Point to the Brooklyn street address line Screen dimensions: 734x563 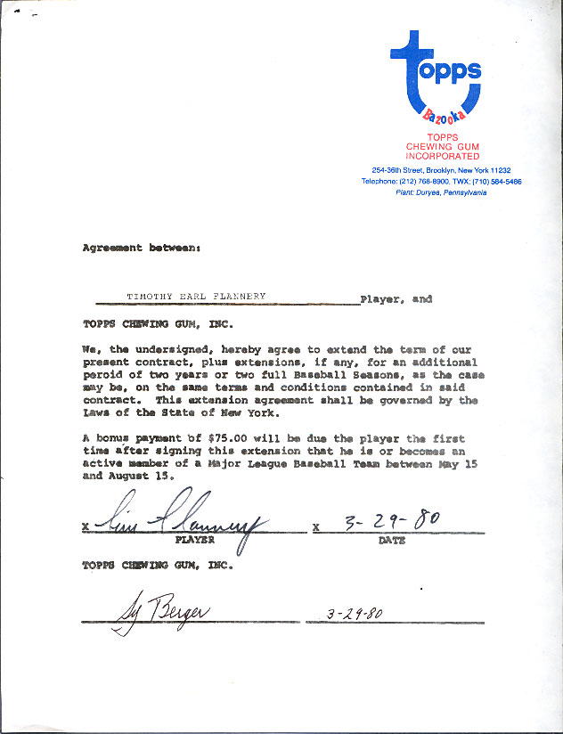441,170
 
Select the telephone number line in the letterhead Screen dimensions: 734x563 441,181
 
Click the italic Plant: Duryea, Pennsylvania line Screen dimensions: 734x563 441,192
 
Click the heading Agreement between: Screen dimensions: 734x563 141,249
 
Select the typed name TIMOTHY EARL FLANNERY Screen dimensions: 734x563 196,298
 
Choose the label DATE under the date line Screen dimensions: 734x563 391,540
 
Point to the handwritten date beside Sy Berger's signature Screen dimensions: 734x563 355,614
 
